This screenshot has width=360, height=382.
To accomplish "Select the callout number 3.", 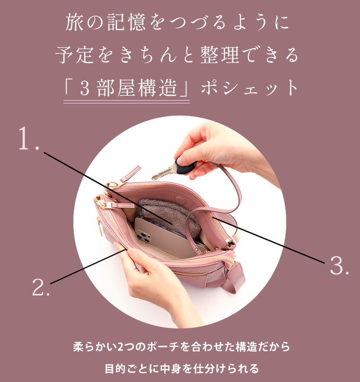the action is (x=339, y=265).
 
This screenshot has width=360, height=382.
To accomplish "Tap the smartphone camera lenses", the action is (x=144, y=236).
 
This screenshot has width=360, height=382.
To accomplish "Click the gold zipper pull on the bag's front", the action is (x=99, y=227).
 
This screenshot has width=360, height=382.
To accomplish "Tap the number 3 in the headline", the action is (x=85, y=89).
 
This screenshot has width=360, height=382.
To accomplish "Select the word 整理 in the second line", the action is (x=220, y=55).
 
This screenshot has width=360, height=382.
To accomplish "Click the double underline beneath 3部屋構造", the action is (x=126, y=102).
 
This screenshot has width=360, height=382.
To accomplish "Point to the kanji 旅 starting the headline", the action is (x=74, y=22).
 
